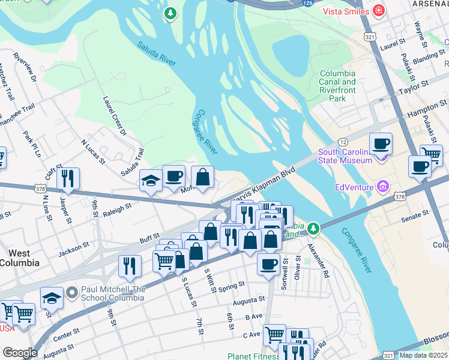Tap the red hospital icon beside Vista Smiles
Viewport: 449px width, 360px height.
coord(378,10)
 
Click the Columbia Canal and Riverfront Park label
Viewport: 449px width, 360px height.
coord(337,86)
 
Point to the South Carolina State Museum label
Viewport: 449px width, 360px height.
coord(345,156)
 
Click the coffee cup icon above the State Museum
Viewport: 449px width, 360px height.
coord(381,144)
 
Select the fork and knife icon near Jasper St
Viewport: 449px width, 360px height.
coord(68,178)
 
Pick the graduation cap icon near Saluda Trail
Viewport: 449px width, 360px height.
coord(150,180)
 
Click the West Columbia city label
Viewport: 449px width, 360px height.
coord(20,258)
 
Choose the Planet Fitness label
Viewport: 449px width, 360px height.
coord(252,356)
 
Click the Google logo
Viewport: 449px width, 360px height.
coord(20,353)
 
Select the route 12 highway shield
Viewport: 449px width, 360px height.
coord(343,141)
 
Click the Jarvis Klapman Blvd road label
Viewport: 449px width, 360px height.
coord(264,184)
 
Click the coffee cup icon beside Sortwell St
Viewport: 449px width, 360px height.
coord(268,263)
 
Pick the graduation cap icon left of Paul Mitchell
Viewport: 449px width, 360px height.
coord(52,298)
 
